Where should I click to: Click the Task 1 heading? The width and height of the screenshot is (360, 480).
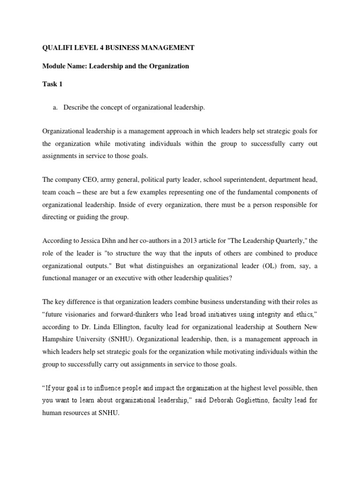(52, 84)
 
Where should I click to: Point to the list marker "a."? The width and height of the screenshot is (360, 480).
(55, 108)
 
